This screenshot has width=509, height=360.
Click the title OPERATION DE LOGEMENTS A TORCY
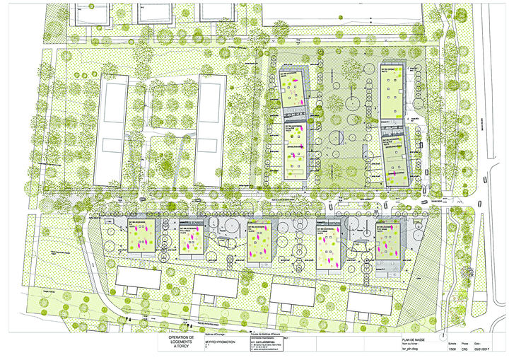click(x=177, y=344)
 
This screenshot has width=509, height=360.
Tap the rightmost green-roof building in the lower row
click(x=389, y=243)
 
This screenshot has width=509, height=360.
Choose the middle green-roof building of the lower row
click(x=260, y=243)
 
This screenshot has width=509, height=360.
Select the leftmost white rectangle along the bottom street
click(x=139, y=277)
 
